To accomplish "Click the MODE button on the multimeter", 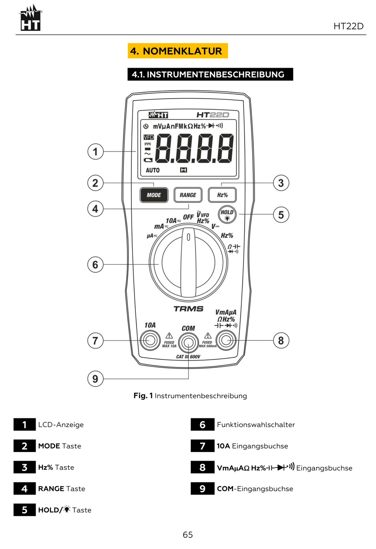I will click(154, 195).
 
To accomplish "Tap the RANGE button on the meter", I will click(188, 195).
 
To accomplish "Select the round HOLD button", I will click(227, 214).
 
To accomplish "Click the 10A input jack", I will click(150, 340).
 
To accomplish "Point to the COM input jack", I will click(188, 342).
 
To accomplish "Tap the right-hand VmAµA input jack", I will click(226, 340).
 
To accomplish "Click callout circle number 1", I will click(95, 152).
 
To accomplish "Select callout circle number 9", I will click(95, 379).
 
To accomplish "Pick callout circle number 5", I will click(281, 215).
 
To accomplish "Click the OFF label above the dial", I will click(188, 217).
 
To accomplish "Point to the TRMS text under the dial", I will click(188, 309).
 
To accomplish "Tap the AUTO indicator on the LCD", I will click(153, 170).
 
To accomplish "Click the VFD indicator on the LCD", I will click(149, 137).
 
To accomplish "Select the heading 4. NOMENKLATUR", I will click(177, 51).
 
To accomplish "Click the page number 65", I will click(188, 535).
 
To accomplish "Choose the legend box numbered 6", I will click(202, 425).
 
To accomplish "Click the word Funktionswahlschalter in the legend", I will click(256, 425).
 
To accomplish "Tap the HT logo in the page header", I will click(30, 19).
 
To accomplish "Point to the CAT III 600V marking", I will click(188, 357).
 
